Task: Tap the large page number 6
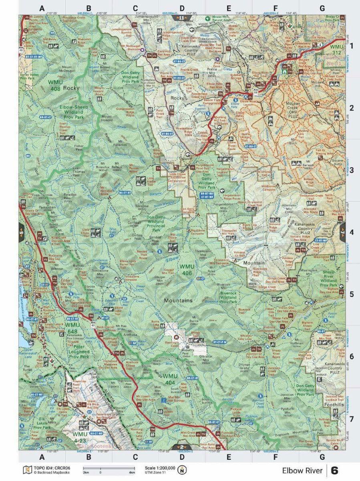click(335, 470)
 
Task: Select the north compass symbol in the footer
click(183, 469)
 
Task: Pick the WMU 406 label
click(187, 269)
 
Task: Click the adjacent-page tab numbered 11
click(181, 18)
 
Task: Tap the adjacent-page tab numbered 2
click(181, 447)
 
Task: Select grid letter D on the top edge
click(182, 8)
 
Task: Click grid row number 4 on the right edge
click(352, 232)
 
